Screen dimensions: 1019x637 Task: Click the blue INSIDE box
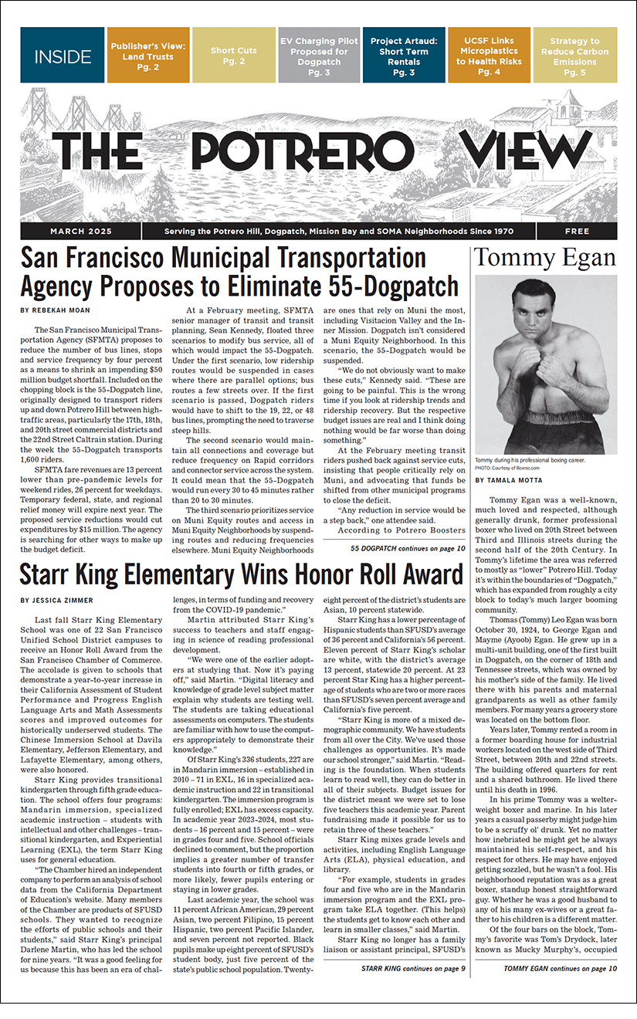point(62,55)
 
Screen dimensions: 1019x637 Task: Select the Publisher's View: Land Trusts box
point(147,55)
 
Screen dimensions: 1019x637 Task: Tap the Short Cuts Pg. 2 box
point(233,55)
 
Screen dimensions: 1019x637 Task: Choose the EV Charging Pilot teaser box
point(319,55)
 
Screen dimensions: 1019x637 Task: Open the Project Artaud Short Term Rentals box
point(404,55)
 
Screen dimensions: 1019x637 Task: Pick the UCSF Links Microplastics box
point(490,55)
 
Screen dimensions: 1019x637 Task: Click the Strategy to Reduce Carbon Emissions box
point(574,55)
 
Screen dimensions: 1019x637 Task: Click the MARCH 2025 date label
point(81,232)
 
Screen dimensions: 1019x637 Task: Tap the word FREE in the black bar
point(577,232)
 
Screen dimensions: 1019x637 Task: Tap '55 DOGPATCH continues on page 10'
point(408,548)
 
